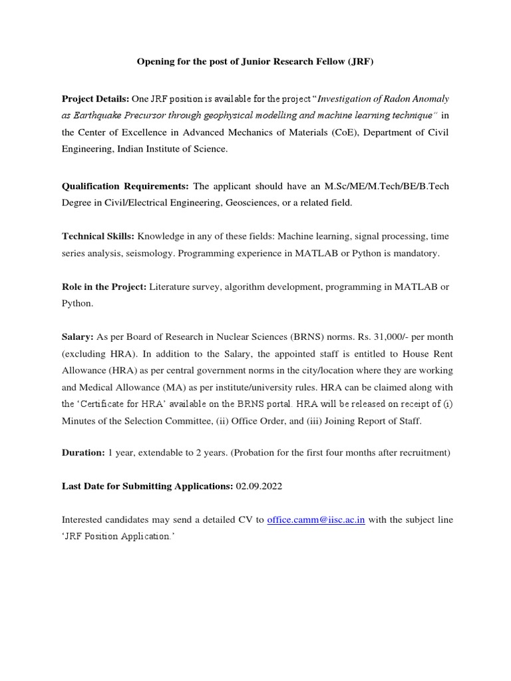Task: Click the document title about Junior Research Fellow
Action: [x=255, y=62]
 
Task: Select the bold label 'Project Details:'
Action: [x=92, y=98]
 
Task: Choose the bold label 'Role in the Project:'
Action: [x=104, y=287]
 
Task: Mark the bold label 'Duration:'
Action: [x=83, y=453]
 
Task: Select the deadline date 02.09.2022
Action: [x=259, y=486]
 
